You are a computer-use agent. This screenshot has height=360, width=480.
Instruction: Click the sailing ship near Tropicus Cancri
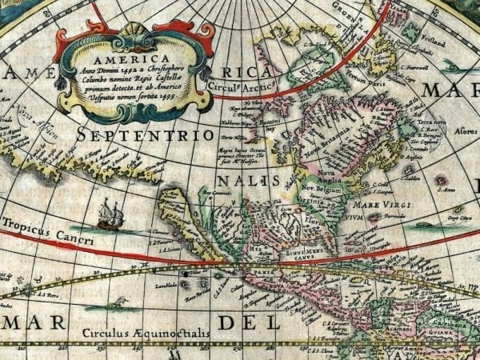click(x=110, y=214)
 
